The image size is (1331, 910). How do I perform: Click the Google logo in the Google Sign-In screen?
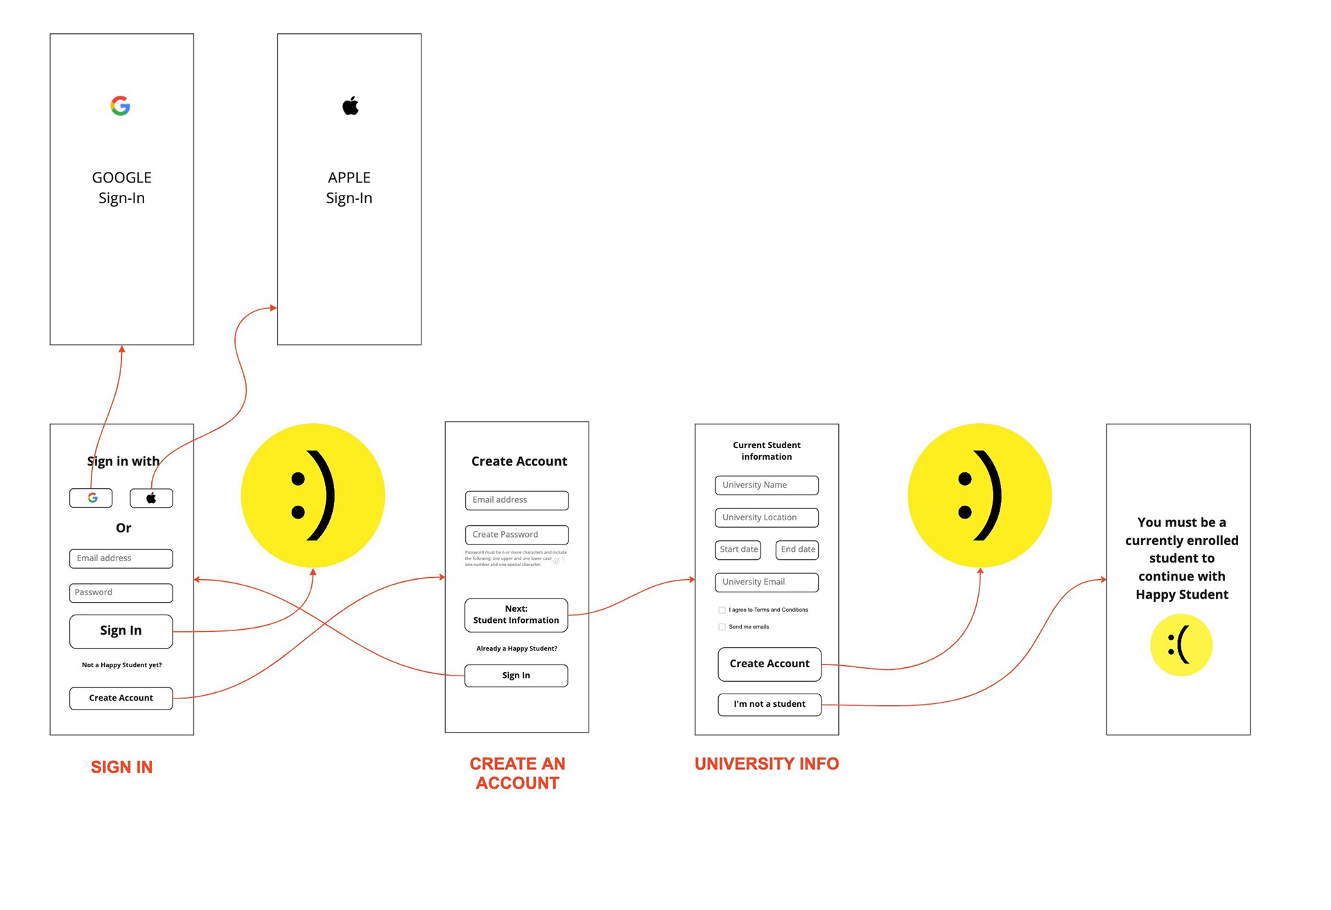click(120, 105)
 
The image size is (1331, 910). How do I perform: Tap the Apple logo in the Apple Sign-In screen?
click(350, 105)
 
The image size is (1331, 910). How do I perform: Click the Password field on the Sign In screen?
click(121, 593)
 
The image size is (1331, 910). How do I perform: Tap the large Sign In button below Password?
click(121, 631)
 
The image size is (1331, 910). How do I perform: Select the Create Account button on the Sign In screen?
click(121, 698)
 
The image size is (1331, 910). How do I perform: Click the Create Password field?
click(516, 535)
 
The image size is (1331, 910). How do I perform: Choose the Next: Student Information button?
click(516, 615)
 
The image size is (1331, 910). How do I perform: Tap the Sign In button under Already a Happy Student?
click(516, 676)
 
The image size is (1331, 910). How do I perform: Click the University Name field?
click(767, 486)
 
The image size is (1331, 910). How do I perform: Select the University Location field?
click(767, 518)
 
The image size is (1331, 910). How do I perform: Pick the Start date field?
click(738, 550)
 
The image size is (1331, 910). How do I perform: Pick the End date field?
click(797, 550)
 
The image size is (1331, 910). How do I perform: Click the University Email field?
click(767, 583)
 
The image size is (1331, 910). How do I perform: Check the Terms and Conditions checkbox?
click(722, 610)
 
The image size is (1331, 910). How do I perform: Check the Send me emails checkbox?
click(722, 627)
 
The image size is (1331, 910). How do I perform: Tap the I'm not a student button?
click(769, 705)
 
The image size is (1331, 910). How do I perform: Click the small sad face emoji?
click(1181, 645)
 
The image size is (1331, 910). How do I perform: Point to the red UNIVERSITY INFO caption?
click(767, 764)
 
